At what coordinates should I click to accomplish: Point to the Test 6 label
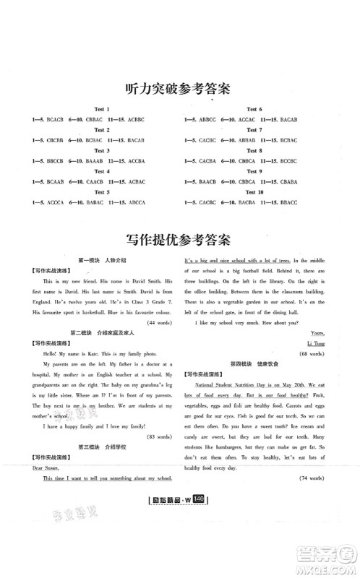click(x=255, y=108)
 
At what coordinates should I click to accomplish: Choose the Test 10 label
click(x=255, y=191)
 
